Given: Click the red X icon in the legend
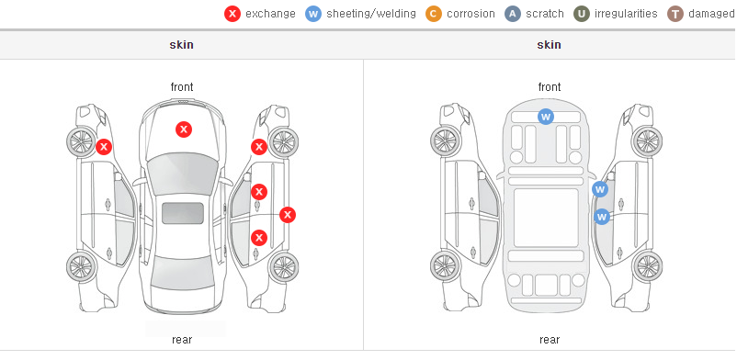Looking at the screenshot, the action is (x=232, y=14).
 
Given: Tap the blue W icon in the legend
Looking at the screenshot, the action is (x=313, y=14).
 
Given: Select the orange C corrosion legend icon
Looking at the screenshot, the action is (x=434, y=14).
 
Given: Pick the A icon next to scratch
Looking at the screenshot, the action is (x=513, y=14).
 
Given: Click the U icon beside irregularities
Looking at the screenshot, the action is (x=582, y=14).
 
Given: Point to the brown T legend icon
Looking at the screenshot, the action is (x=675, y=14).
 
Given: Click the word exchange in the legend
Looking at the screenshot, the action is (x=270, y=14).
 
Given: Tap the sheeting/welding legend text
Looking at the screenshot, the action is (x=371, y=14).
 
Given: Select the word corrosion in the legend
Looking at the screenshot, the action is (x=471, y=14).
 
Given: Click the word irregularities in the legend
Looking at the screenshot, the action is (x=626, y=14).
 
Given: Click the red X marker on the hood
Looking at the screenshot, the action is (x=184, y=129).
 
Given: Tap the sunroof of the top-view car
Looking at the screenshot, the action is (x=183, y=213).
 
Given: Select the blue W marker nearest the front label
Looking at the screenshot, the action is (x=545, y=116).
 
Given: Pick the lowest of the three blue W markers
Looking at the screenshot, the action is (x=602, y=217).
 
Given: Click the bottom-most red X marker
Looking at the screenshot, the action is (x=259, y=238).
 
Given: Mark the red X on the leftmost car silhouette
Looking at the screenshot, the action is (x=104, y=147).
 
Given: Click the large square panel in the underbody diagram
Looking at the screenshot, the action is (x=546, y=218).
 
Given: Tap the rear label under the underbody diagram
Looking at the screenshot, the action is (x=550, y=340).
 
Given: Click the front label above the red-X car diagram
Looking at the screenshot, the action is (x=182, y=87).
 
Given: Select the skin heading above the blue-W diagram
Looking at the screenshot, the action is (x=549, y=45).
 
